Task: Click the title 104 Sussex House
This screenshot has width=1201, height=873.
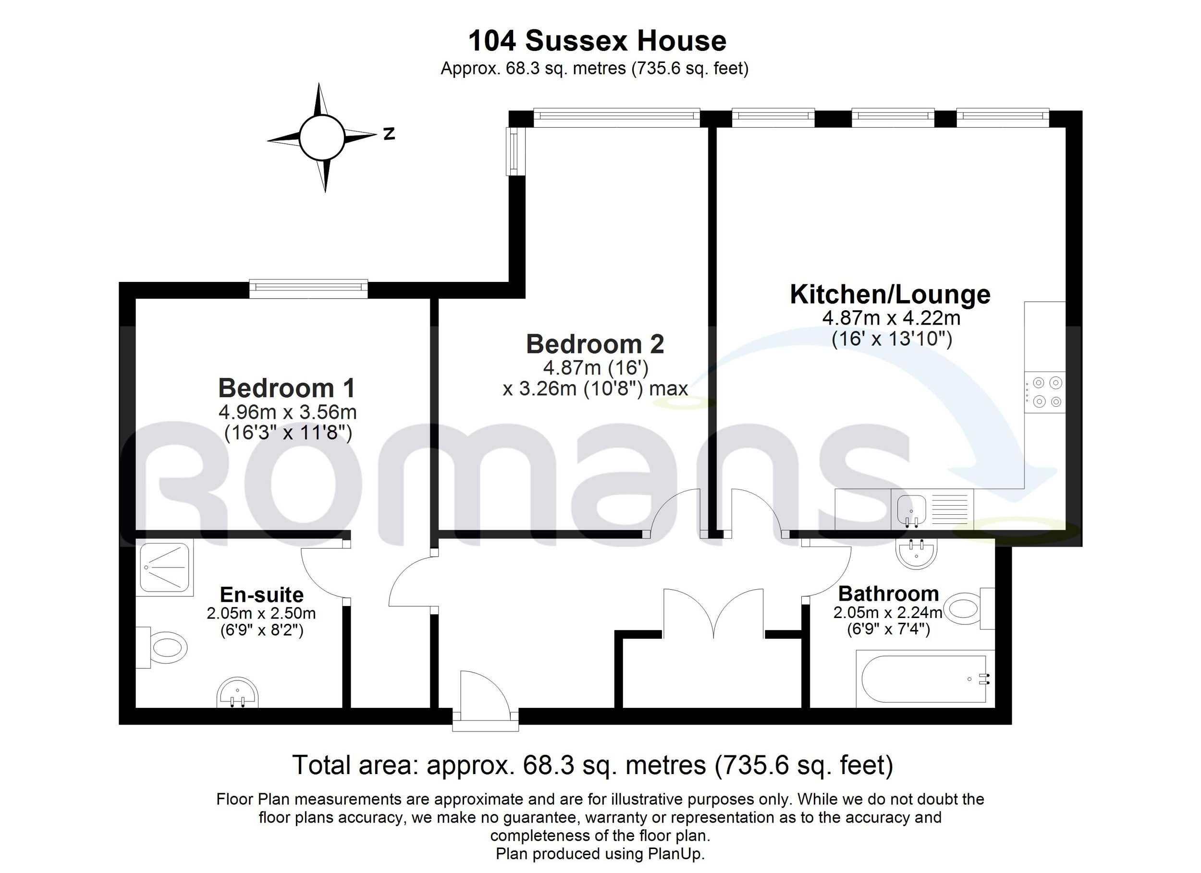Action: coord(597,41)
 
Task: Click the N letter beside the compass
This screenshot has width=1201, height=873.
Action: coord(389,133)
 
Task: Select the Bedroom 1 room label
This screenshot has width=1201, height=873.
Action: coord(286,388)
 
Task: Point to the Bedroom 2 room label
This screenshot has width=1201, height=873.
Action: coord(595,344)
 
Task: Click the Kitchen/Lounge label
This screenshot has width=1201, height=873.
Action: coord(890,294)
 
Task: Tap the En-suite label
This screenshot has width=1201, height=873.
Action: coord(262,594)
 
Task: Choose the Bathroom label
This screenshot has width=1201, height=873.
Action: coord(889,594)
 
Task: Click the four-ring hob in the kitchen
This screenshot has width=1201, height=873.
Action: coord(1044,392)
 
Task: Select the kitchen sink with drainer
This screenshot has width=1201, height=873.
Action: coord(932,509)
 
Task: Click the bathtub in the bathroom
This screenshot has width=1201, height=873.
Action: coord(925,679)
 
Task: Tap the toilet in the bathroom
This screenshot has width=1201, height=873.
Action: coord(969,608)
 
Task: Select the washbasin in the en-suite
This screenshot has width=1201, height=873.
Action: coord(238,692)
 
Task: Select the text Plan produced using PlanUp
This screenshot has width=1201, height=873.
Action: coord(600,853)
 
